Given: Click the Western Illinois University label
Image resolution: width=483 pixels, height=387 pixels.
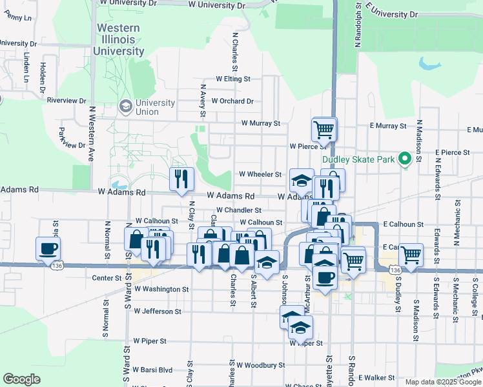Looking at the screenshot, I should (119, 39).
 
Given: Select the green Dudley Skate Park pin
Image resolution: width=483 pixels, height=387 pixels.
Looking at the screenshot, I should (405, 158).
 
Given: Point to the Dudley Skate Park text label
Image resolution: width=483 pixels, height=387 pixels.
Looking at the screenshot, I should (357, 158).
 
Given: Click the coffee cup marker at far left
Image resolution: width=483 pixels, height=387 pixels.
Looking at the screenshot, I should (49, 248).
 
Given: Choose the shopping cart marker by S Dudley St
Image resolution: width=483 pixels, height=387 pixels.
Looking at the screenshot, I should (410, 254).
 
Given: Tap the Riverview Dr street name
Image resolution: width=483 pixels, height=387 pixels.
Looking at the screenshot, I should (67, 101).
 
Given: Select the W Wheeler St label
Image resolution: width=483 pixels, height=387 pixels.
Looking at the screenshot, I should (260, 174).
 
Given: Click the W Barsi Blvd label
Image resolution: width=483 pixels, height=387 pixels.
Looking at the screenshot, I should (153, 370).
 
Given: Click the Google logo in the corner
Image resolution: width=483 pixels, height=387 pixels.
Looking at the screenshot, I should (21, 379).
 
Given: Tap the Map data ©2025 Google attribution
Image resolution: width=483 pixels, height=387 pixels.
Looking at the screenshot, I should (442, 382).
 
